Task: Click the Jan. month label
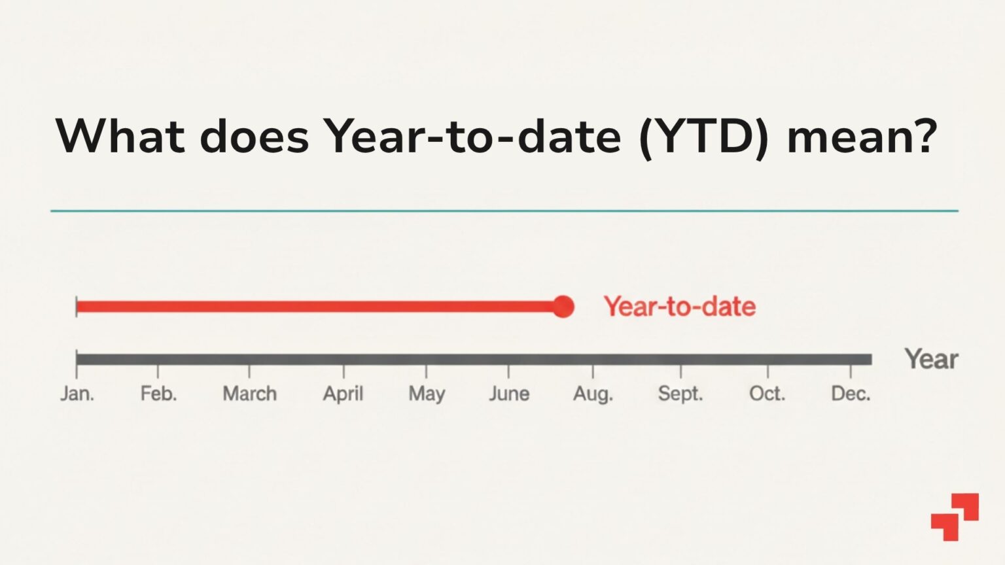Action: coord(77,394)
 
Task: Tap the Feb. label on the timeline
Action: coord(158,394)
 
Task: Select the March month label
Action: coord(249,394)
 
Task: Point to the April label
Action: coord(343,394)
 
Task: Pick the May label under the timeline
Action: coord(427,394)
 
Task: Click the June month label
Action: coord(509,394)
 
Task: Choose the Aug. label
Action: coord(593,394)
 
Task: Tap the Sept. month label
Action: coord(680,394)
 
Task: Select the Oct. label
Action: coord(767,394)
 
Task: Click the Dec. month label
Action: coord(851,394)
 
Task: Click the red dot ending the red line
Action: coord(563,307)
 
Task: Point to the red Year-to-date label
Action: coord(679,307)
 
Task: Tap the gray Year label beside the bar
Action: coord(930,359)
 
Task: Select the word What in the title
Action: coord(120,136)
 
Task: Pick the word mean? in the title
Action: coord(862,136)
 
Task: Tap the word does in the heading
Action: coord(254,136)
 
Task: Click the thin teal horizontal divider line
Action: coord(504,211)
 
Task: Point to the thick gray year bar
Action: coord(474,359)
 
